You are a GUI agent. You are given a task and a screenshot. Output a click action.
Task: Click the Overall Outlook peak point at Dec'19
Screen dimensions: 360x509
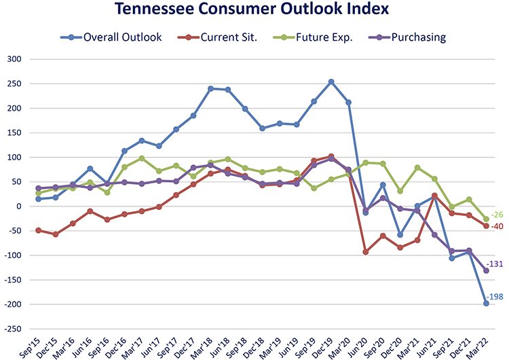pos(331,82)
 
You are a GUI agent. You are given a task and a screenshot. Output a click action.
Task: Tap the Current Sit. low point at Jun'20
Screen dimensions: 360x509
pos(366,252)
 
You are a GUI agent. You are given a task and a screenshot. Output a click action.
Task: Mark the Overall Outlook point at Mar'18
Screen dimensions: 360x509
pos(210,88)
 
